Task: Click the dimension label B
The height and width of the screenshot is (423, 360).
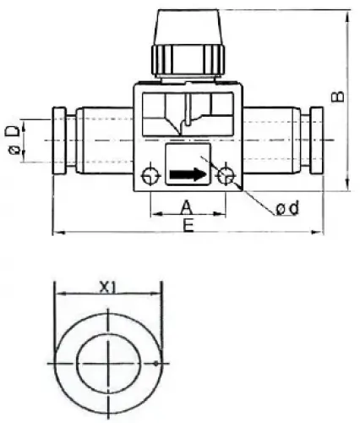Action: click(x=337, y=96)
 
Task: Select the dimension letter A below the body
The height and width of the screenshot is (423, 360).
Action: click(x=187, y=206)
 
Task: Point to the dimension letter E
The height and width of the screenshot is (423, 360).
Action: click(x=187, y=224)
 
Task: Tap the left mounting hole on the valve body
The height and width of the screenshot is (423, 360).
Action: click(x=150, y=176)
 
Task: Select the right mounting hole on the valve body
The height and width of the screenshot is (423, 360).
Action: click(x=226, y=176)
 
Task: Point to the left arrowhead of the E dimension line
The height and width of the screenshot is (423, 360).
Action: click(x=57, y=230)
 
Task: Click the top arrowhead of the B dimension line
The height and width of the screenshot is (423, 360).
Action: click(x=347, y=14)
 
